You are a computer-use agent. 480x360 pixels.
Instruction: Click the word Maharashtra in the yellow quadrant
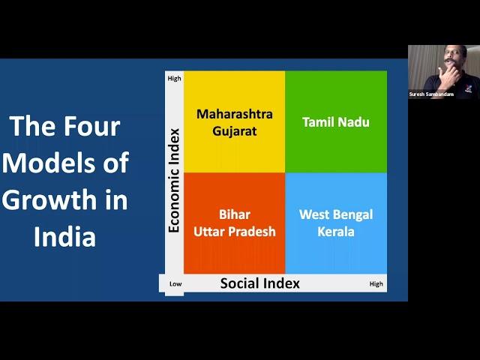coord(235,114)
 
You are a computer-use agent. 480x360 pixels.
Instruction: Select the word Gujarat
coord(235,131)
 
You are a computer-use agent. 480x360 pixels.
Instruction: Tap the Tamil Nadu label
coord(336,122)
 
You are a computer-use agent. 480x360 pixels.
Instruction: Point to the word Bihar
coord(235,214)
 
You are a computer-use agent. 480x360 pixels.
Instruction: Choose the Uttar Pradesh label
coord(235,232)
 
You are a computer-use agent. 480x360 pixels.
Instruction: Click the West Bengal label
coord(336,214)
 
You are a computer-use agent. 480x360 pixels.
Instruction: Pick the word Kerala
coord(336,232)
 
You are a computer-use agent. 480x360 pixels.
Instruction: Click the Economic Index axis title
coord(174,181)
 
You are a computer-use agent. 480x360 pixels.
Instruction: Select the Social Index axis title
coord(260,283)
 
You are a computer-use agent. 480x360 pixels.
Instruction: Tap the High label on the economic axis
coord(174,78)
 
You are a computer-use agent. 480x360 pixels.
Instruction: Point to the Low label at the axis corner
coord(175,283)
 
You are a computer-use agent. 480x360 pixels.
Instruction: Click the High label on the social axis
coord(376,284)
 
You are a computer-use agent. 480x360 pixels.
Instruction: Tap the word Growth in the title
coord(49,200)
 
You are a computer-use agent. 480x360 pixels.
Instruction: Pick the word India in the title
coord(65,236)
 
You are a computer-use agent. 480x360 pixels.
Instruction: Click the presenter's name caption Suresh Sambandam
coord(431,94)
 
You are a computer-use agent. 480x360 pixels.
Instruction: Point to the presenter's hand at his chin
coord(447,74)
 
